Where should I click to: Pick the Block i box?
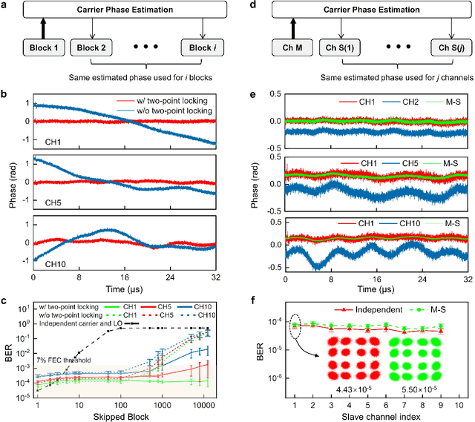coord(202,48)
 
